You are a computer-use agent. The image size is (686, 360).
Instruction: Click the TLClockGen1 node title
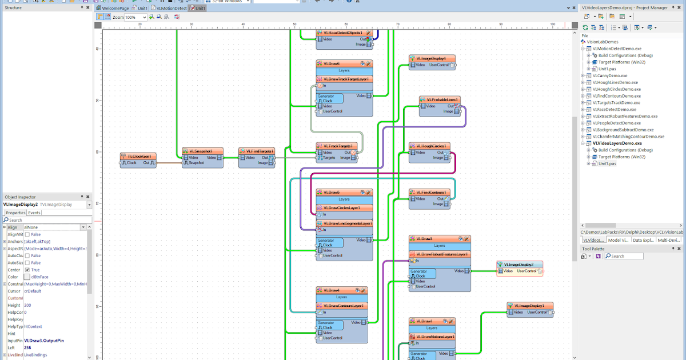tap(138, 156)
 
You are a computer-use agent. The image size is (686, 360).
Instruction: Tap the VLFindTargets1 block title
tap(257, 151)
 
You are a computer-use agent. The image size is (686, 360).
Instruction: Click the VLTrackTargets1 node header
tap(337, 146)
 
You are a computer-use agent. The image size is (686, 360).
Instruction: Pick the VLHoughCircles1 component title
tap(432, 146)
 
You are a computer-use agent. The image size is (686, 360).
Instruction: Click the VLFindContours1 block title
tap(432, 192)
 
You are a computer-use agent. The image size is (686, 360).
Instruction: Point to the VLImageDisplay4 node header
tap(432, 58)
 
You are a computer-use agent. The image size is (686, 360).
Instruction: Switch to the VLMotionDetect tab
tap(170, 9)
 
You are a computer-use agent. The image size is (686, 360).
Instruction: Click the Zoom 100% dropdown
tap(136, 18)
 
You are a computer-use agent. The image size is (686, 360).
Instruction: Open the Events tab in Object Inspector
tap(34, 213)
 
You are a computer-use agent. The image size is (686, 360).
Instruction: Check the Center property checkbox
tap(27, 270)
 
